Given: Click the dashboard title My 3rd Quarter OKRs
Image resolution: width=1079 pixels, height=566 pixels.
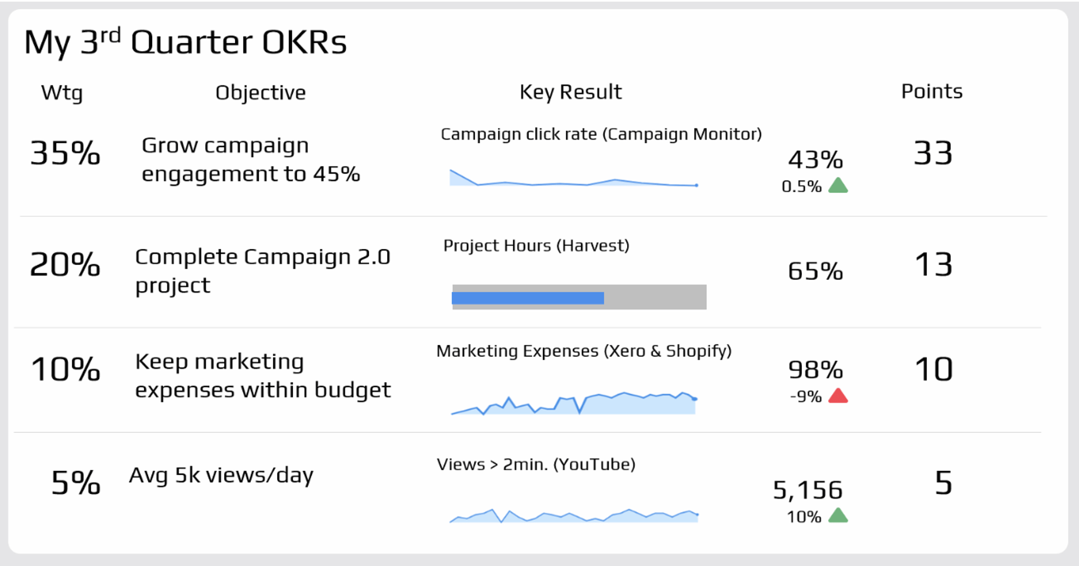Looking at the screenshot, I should (185, 42).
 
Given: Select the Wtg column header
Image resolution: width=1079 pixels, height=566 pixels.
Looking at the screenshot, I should (62, 93).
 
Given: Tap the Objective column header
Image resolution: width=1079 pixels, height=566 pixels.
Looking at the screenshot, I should (260, 93).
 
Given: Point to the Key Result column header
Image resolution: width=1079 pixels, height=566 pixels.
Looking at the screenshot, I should (570, 92).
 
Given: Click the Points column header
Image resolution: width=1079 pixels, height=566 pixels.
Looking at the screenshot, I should (932, 92).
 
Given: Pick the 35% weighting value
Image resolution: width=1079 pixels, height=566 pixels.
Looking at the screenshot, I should (65, 153).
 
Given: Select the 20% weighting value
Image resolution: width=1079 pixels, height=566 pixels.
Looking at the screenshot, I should (65, 264).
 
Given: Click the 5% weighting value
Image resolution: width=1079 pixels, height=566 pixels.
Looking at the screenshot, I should (76, 483).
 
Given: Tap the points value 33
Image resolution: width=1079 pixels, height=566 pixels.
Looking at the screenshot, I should (933, 153).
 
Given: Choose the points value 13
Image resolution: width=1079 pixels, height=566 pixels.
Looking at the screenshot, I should (933, 264).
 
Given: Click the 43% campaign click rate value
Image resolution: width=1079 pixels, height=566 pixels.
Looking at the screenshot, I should (815, 160).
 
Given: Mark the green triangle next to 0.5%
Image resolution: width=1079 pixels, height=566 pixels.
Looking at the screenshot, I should (838, 185).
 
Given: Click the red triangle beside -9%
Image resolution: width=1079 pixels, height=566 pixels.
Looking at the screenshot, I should (838, 396).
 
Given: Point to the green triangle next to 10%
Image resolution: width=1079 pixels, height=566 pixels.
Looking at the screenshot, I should (838, 515).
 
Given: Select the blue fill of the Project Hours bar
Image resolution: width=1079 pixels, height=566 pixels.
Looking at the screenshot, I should (528, 298).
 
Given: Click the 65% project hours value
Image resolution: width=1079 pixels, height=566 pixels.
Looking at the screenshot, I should (815, 271).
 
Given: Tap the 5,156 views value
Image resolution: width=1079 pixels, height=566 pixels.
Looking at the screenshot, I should (808, 490).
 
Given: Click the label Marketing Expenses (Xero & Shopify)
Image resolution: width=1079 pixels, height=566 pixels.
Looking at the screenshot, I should (584, 351).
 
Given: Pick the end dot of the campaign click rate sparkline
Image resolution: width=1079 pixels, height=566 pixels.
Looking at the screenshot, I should (696, 185).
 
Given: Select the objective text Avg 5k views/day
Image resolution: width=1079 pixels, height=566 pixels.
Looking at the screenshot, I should (221, 476).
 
